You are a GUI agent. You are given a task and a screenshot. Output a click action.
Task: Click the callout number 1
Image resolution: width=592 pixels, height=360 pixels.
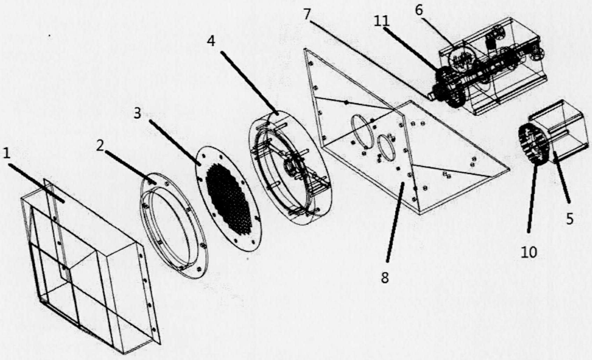click(x=7, y=153)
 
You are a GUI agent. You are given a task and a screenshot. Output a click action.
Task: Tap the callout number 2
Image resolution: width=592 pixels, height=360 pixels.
click(x=100, y=146)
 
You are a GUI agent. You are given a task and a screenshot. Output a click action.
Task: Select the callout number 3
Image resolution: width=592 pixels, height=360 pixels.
click(x=137, y=113)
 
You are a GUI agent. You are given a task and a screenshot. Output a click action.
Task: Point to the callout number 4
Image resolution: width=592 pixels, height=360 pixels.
click(x=211, y=41)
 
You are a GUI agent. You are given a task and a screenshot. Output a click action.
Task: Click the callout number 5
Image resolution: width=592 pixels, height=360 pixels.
click(x=570, y=219)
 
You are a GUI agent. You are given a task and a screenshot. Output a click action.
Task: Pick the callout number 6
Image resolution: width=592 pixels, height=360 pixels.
click(x=419, y=10)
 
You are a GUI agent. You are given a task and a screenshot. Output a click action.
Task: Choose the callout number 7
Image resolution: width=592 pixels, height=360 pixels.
click(x=307, y=14)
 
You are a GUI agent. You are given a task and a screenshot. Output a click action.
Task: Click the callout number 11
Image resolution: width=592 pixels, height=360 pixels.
click(x=382, y=21)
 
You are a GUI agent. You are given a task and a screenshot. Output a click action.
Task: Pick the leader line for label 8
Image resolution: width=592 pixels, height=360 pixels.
click(x=395, y=222)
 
